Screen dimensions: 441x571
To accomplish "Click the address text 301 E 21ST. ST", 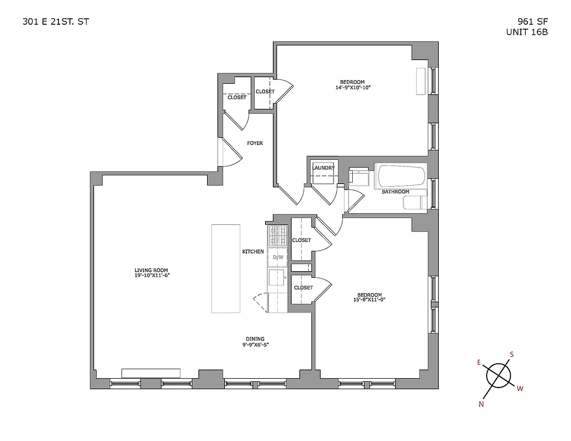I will (x=54, y=21).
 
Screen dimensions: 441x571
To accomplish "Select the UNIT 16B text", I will (x=527, y=32).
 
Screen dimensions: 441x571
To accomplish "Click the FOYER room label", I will (x=255, y=143).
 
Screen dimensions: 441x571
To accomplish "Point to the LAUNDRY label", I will (x=324, y=168).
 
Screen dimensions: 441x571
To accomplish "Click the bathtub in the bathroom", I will (x=401, y=176).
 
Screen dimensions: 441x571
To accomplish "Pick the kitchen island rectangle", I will (x=226, y=268).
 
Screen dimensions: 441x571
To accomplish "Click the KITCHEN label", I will (x=253, y=251).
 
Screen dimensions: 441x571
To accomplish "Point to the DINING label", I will (x=255, y=338).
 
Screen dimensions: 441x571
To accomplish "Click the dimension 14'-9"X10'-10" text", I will (x=353, y=87).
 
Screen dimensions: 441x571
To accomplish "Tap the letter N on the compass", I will (x=482, y=404).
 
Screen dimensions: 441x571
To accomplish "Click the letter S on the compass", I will (x=512, y=354).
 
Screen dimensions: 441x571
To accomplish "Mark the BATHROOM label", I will (x=396, y=191).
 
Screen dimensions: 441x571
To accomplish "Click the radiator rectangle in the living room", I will (x=151, y=373).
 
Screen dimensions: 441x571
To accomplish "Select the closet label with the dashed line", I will (x=237, y=97).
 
